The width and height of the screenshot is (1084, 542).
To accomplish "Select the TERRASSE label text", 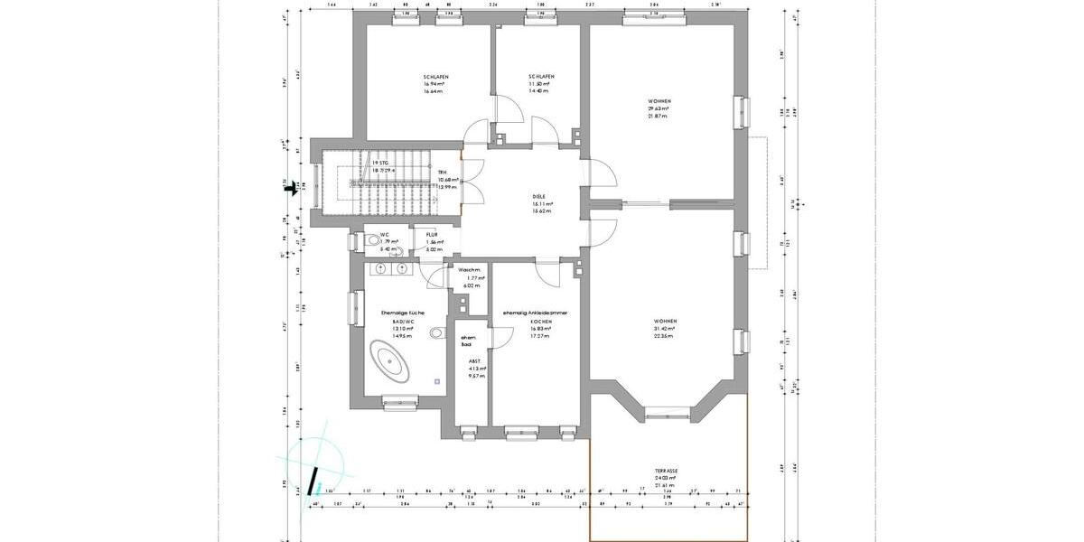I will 667,471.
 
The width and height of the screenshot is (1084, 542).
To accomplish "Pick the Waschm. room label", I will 469,269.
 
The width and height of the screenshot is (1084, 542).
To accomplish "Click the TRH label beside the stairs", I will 443,172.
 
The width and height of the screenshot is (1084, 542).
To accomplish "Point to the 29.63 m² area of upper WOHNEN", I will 658,108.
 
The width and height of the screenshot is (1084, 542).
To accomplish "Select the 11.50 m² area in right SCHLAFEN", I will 540,84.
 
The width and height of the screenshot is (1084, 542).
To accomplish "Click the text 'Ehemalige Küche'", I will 397,313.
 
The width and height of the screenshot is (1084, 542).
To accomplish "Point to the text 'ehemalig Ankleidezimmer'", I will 536,313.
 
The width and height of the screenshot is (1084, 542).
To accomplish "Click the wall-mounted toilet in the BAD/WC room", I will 438,333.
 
